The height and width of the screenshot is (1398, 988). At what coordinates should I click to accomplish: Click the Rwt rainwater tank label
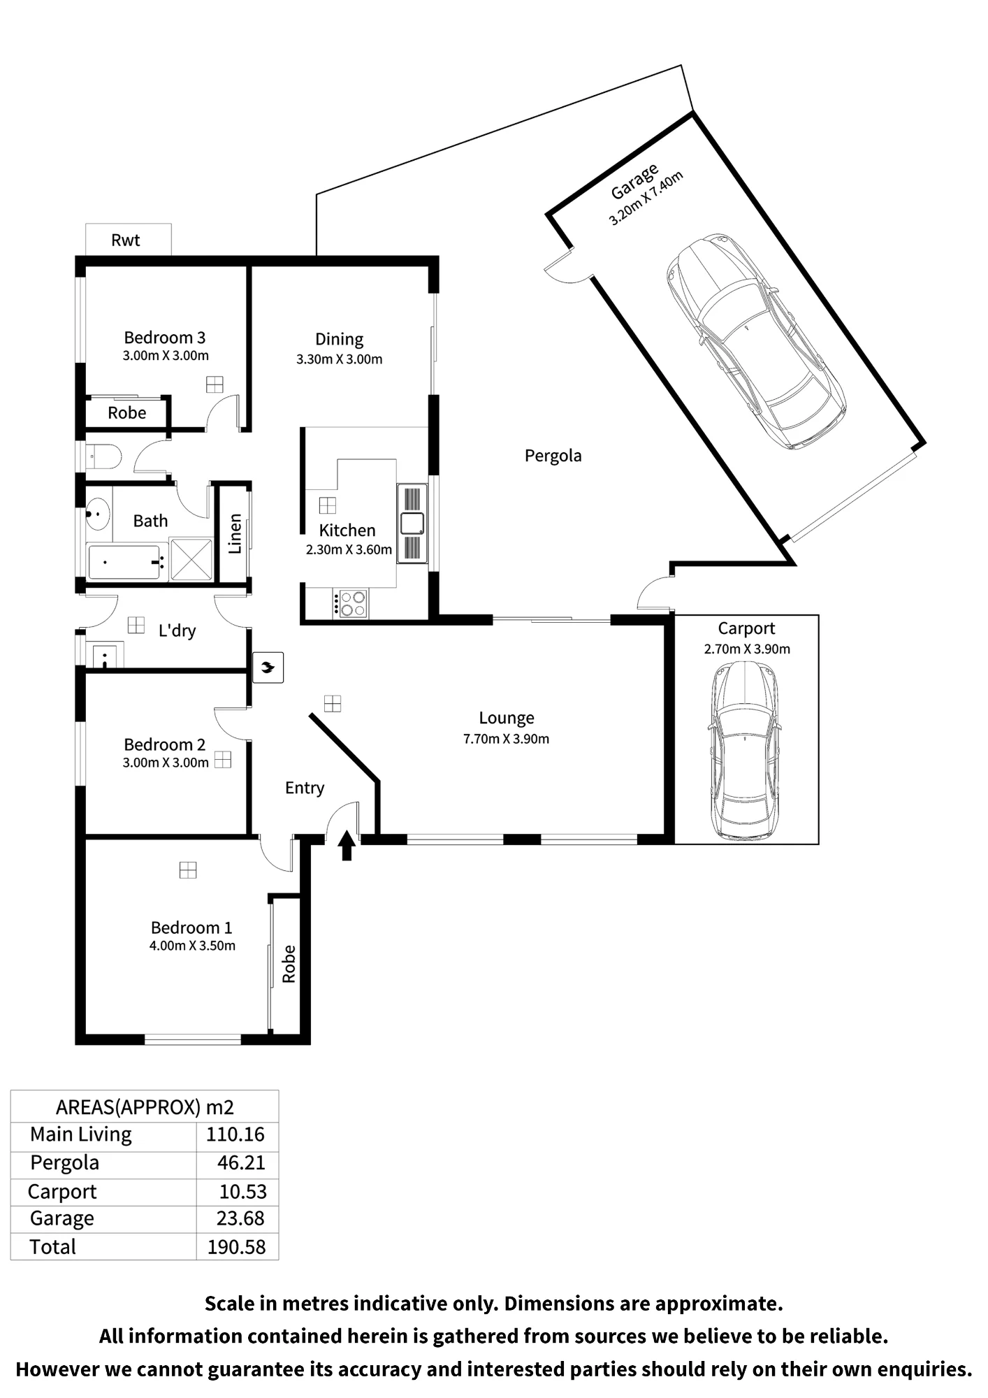tap(126, 240)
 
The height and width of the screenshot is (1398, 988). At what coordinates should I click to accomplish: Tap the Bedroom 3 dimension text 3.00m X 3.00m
tap(166, 356)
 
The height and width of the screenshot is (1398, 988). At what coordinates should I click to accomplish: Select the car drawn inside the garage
tap(756, 341)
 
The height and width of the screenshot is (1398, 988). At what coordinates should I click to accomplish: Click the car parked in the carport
tap(746, 751)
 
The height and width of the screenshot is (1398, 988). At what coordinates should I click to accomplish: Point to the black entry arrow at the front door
tap(347, 845)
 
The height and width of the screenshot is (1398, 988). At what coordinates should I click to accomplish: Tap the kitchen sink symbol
tap(412, 523)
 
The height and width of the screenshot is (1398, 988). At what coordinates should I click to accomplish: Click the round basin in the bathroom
tap(99, 515)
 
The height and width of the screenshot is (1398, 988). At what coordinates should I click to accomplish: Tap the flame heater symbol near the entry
tap(268, 668)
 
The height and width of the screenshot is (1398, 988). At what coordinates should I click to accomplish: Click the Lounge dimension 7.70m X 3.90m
tap(507, 739)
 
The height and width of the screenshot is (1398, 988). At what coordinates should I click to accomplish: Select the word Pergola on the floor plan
tap(553, 456)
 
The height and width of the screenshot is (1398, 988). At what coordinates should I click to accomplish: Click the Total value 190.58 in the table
tap(237, 1247)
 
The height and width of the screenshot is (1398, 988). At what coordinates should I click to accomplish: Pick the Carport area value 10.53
tap(242, 1192)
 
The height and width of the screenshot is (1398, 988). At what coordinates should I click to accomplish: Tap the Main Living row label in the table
tap(81, 1135)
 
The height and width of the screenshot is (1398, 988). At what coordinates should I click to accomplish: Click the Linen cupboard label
tap(235, 534)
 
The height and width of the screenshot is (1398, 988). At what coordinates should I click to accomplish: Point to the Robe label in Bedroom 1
tap(289, 964)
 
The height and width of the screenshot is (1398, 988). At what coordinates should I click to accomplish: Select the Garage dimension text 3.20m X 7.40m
tap(646, 199)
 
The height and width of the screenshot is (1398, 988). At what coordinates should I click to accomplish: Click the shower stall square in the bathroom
tap(191, 559)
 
